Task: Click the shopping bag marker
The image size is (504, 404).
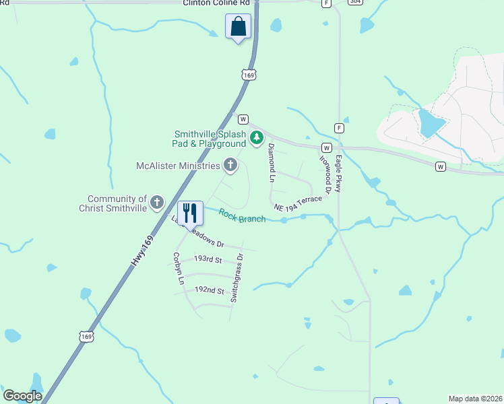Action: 238,27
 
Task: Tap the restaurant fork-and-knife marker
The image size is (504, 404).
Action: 190,213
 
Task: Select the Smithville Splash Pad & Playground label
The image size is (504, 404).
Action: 210,139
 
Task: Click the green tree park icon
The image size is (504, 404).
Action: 256,139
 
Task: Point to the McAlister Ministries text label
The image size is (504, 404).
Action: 178,166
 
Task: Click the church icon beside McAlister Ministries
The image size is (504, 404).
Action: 230,165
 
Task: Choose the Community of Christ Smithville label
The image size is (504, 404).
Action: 117,203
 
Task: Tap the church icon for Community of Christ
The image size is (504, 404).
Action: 157,202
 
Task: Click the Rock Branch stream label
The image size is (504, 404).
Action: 242,215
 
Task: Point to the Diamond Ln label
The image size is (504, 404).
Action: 272,163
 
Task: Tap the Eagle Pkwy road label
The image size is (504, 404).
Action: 339,174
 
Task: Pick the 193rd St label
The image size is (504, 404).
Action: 208,259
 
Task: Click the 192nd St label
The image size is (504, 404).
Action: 208,290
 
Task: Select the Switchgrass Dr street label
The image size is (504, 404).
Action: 237,277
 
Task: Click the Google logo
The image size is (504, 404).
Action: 22,396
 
